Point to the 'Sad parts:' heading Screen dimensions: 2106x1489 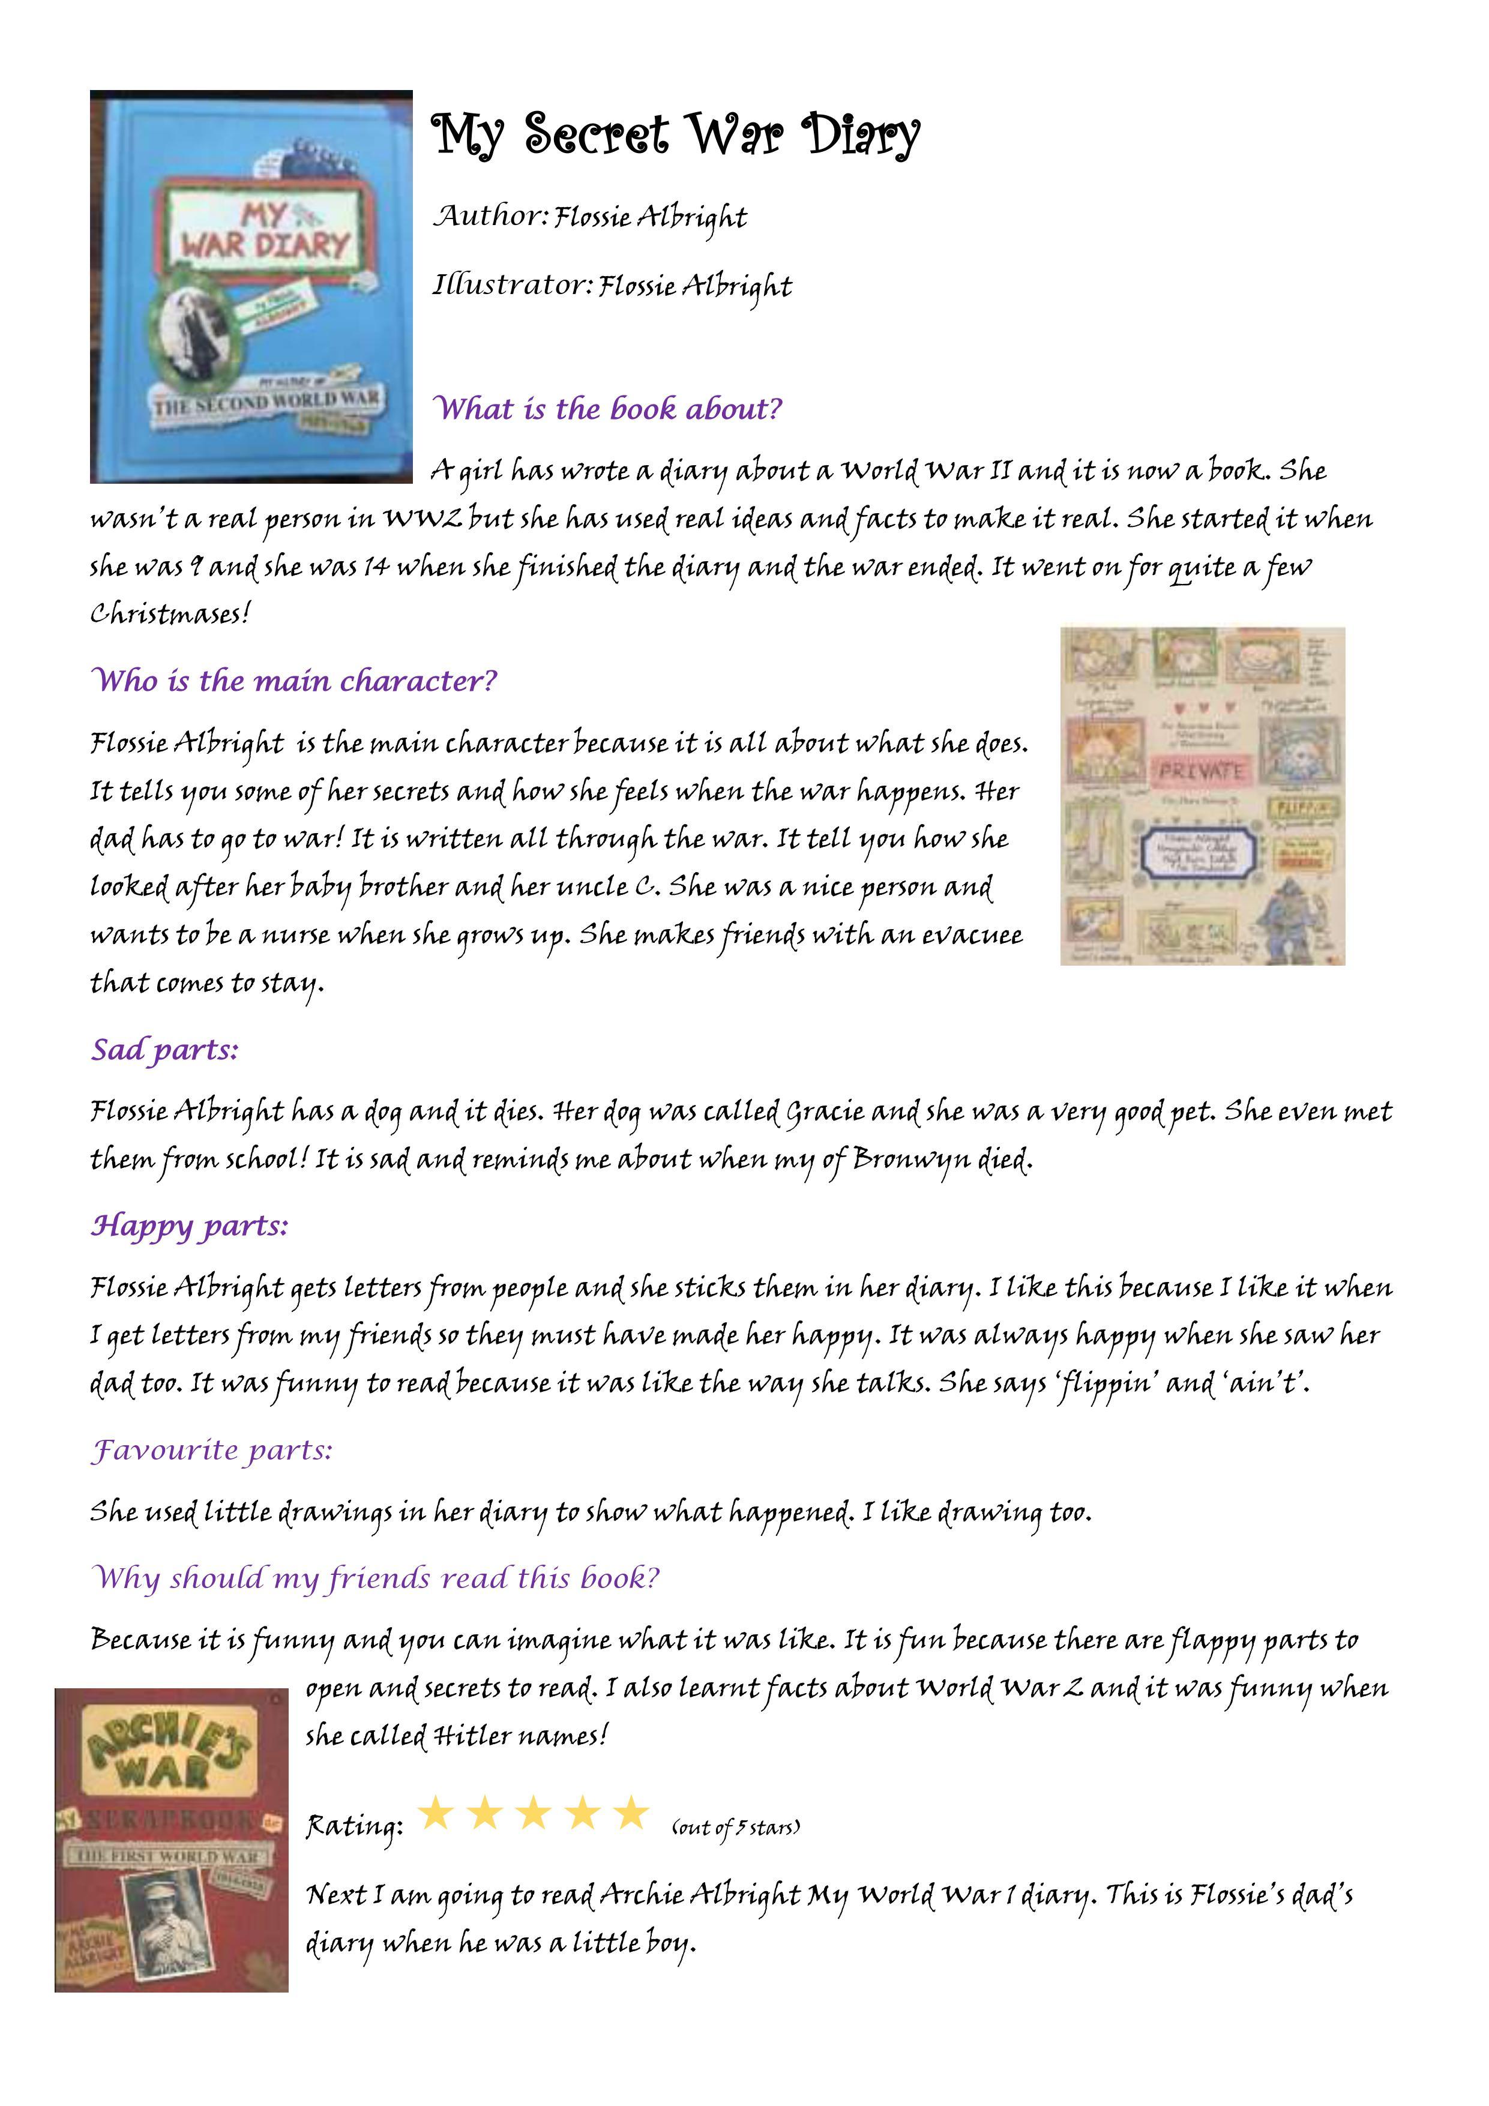164,1048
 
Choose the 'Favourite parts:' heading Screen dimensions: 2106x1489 211,1450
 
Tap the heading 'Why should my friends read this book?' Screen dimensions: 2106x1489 375,1578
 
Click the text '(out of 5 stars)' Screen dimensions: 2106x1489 736,1828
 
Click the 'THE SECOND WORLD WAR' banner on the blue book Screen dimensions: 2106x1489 266,402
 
